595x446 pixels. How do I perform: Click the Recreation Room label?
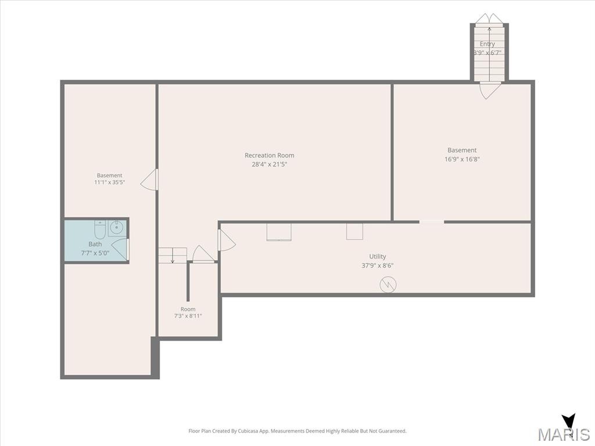[x=270, y=155]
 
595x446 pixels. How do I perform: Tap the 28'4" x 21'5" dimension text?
[x=270, y=164]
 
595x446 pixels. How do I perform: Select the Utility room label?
[x=378, y=256]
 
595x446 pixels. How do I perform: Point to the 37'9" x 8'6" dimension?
[x=378, y=265]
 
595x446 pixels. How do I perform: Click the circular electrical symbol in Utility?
[x=388, y=284]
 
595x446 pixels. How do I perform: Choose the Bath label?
[x=95, y=244]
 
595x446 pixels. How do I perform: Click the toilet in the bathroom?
[x=100, y=229]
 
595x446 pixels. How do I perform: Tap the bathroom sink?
[x=116, y=228]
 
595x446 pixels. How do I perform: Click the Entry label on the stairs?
[x=488, y=44]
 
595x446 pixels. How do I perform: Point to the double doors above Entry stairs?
[x=489, y=18]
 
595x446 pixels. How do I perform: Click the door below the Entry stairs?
[x=490, y=91]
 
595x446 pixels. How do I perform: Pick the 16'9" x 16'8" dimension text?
[x=462, y=159]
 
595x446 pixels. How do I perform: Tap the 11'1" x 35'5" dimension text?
[x=110, y=182]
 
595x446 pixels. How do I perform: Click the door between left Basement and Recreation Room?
[x=149, y=179]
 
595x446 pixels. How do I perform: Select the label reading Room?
[x=188, y=309]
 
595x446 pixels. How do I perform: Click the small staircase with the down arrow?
[x=173, y=256]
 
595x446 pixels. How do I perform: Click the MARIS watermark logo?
[x=564, y=429]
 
